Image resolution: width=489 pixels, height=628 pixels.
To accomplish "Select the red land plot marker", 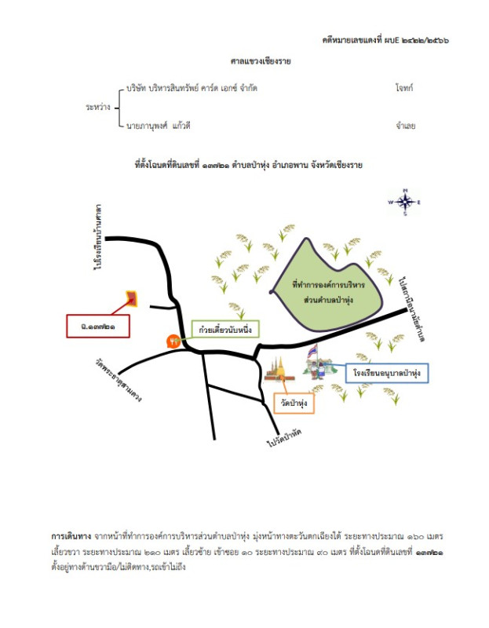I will coord(132,298).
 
